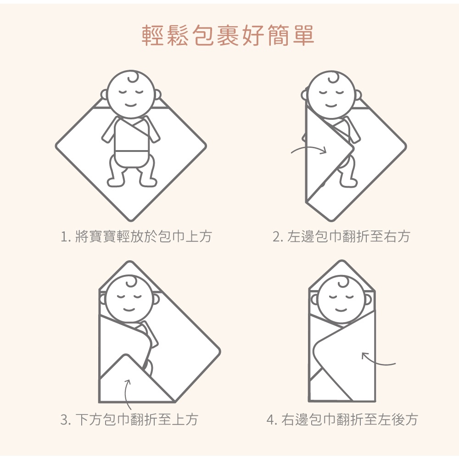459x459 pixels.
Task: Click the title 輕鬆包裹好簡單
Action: (228, 35)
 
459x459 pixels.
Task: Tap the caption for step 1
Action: (136, 236)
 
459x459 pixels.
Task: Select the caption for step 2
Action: (341, 236)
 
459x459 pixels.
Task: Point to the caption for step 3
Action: (129, 420)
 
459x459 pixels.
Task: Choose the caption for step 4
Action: (342, 420)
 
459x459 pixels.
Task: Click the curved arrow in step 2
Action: (309, 148)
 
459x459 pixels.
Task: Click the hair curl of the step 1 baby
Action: (133, 77)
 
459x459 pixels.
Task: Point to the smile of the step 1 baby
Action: (130, 105)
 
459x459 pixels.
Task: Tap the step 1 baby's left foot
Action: (116, 182)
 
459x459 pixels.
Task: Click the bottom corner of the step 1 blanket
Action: (131, 220)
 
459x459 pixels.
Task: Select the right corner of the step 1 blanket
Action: (206, 146)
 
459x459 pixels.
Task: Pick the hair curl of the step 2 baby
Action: (333, 78)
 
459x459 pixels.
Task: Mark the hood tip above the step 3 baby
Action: (130, 262)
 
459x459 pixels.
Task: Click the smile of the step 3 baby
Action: (129, 309)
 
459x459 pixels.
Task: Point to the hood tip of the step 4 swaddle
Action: (341, 261)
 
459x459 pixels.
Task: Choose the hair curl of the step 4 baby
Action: (343, 282)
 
